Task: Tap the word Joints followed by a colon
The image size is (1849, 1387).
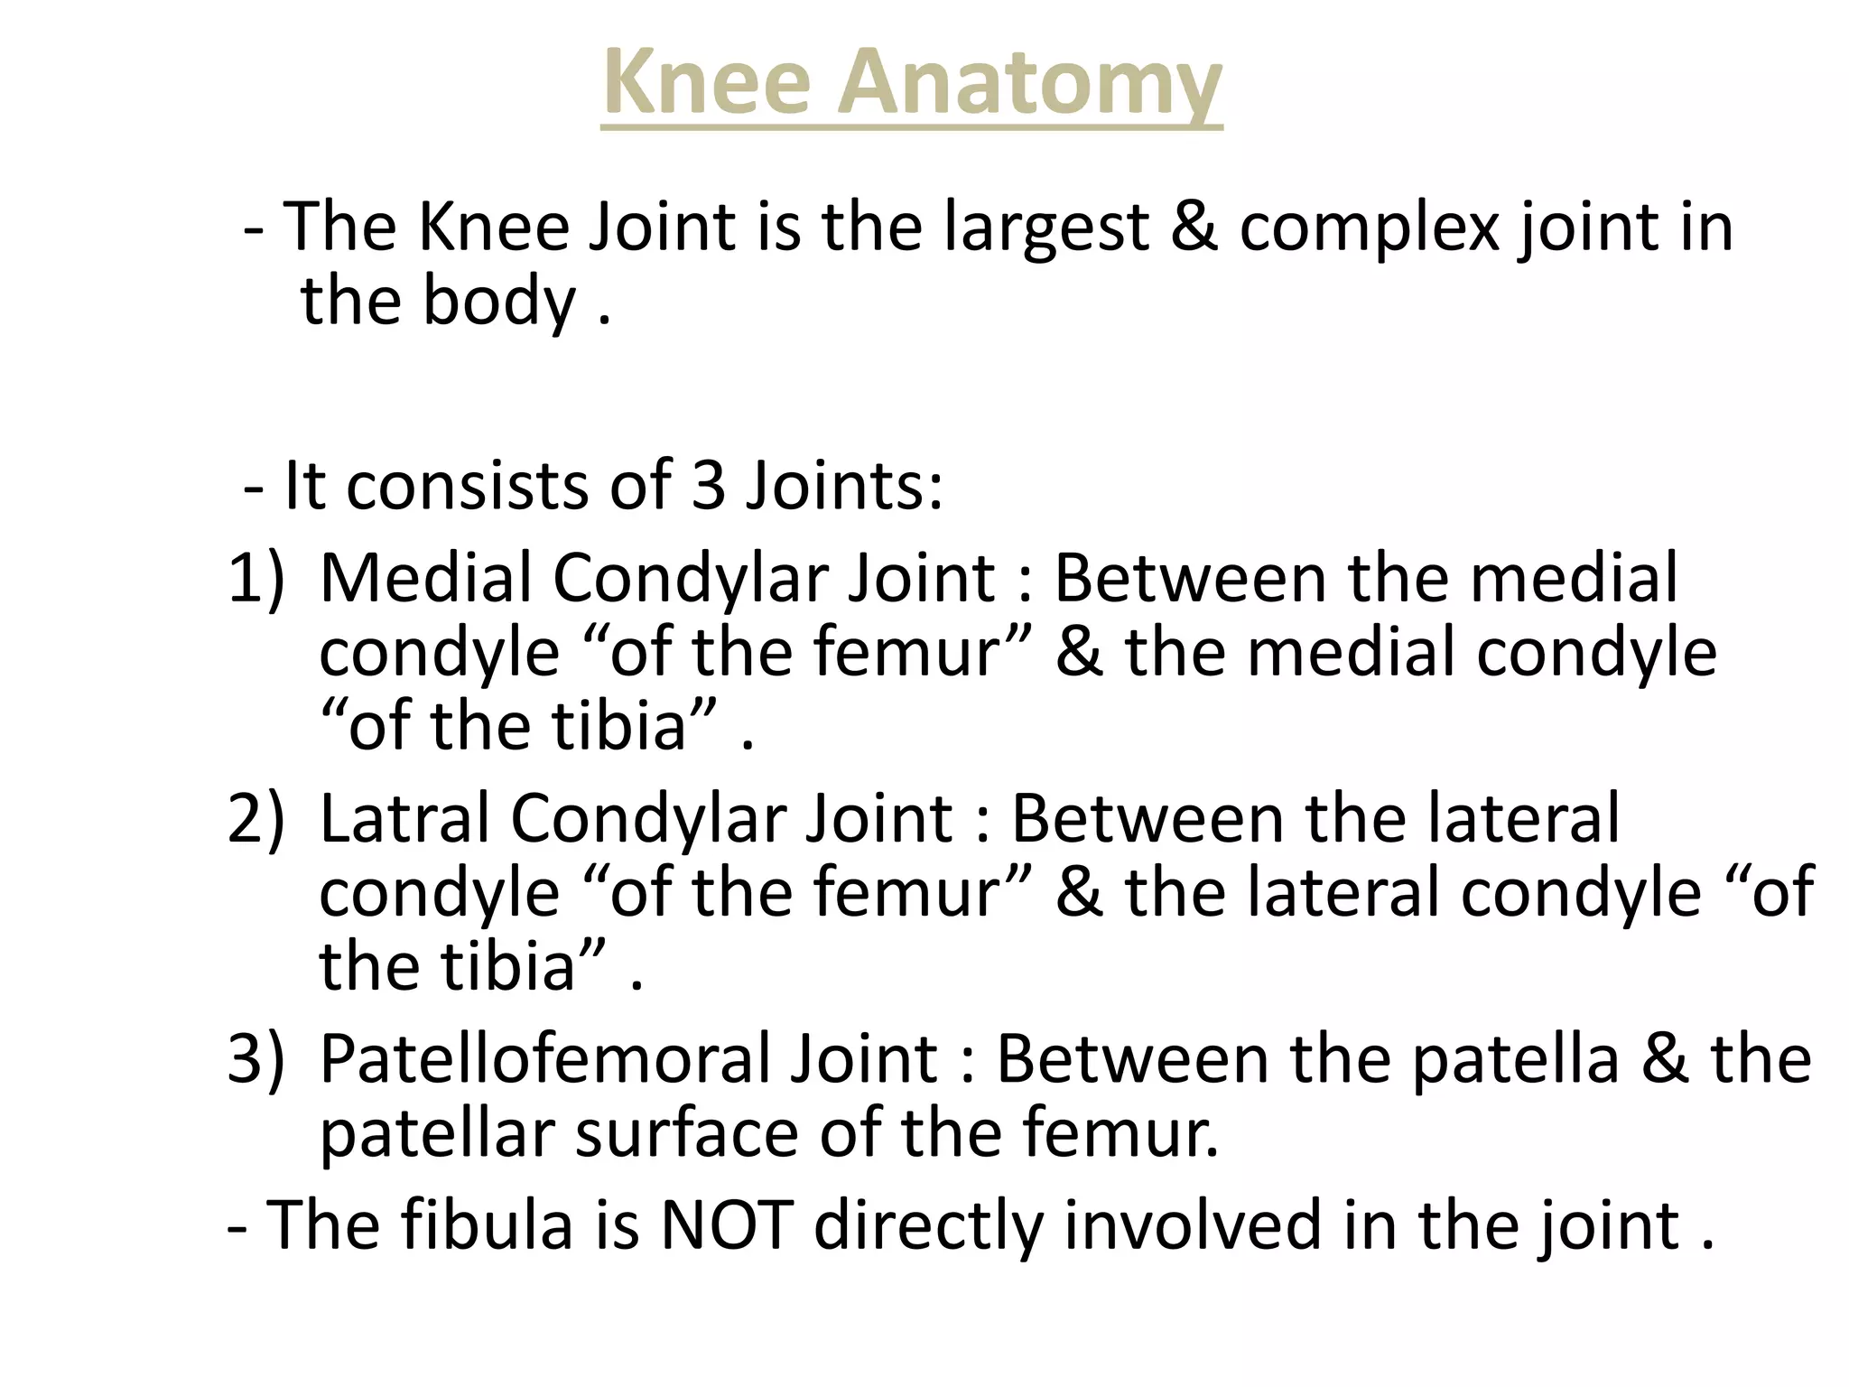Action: click(x=844, y=486)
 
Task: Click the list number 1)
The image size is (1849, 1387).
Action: click(x=256, y=578)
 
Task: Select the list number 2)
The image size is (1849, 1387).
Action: click(x=256, y=818)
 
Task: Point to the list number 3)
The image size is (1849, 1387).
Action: click(x=256, y=1058)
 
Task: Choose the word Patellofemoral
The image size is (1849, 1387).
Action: click(x=545, y=1058)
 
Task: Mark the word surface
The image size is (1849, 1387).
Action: click(x=686, y=1133)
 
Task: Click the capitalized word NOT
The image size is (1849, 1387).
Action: click(x=727, y=1225)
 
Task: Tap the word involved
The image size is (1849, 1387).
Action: click(x=1192, y=1225)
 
